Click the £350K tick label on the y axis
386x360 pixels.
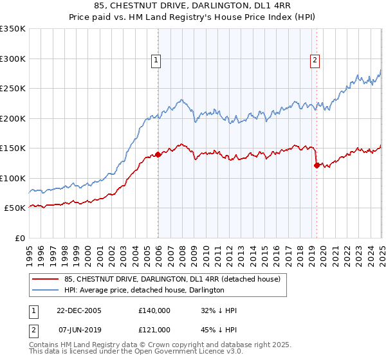pyautogui.click(x=13, y=29)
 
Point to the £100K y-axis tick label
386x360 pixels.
pyautogui.click(x=13, y=178)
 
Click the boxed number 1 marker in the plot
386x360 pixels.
pyautogui.click(x=157, y=61)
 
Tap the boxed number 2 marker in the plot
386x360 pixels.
pyautogui.click(x=315, y=61)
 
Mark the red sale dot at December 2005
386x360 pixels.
pyautogui.click(x=158, y=154)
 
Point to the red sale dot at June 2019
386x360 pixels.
pyautogui.click(x=317, y=165)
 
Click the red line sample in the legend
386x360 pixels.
pyautogui.click(x=45, y=280)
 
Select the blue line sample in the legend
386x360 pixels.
pyautogui.click(x=45, y=291)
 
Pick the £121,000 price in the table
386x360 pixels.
pyautogui.click(x=154, y=330)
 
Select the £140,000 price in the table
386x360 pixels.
pyautogui.click(x=154, y=310)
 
